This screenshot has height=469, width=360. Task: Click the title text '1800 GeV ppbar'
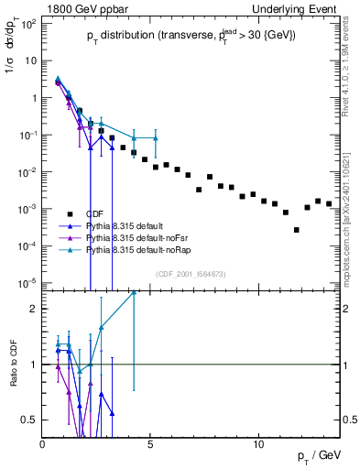coord(81,7)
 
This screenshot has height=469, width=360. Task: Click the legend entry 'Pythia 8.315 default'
coord(128,225)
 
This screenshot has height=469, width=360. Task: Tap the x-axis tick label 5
coord(150,444)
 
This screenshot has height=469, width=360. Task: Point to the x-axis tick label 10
coord(258,444)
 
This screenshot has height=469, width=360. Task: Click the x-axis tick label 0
coord(43,444)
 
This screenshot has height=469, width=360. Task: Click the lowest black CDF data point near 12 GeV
coord(296,230)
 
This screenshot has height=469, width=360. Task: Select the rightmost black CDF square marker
coord(329,203)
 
